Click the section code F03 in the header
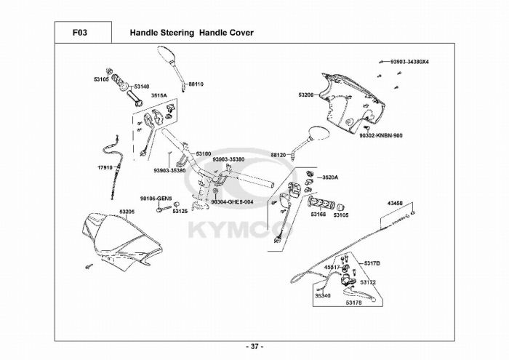click(x=81, y=33)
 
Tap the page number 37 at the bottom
click(x=254, y=346)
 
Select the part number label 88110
click(x=196, y=84)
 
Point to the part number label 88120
click(x=278, y=155)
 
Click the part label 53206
click(x=306, y=95)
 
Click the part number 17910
click(x=105, y=167)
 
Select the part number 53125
click(x=180, y=211)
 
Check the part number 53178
click(x=354, y=303)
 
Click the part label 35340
click(x=322, y=295)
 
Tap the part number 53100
click(x=204, y=153)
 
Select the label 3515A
click(x=159, y=96)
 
